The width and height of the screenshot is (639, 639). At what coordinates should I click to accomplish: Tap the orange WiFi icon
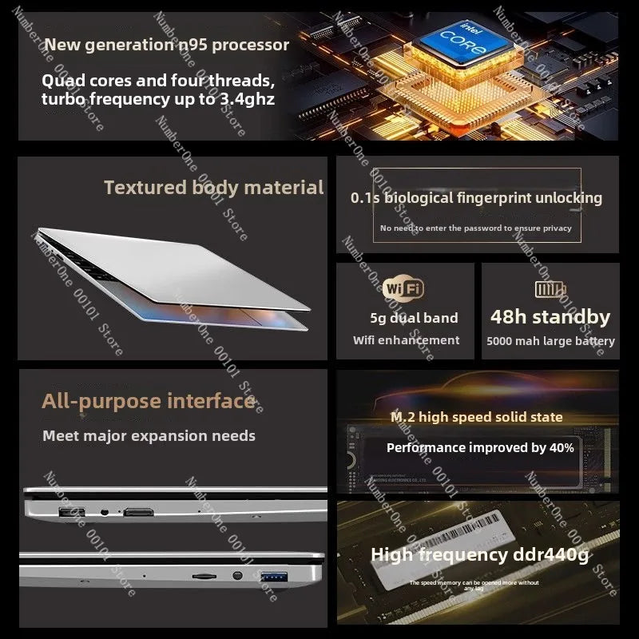[x=403, y=288]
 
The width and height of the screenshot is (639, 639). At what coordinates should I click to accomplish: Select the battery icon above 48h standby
[x=550, y=288]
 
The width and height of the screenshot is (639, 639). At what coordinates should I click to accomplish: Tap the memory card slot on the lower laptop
[x=203, y=574]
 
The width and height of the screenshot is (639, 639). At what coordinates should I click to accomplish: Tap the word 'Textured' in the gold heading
[x=145, y=188]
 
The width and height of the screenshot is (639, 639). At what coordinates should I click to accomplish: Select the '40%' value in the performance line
[x=562, y=448]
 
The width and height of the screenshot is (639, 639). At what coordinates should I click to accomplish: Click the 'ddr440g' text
[x=544, y=554]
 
